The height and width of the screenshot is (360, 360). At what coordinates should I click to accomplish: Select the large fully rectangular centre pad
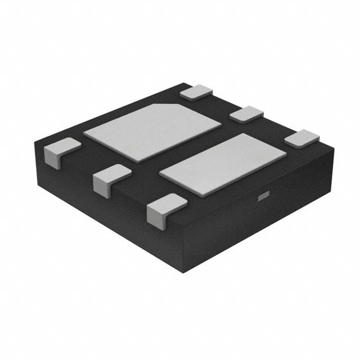[x=223, y=164]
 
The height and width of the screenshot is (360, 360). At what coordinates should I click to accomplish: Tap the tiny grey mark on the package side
[x=263, y=196]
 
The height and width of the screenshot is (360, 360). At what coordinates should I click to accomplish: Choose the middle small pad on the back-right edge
[x=246, y=114]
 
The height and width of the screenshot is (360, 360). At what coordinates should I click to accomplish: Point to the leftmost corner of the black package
[x=35, y=144]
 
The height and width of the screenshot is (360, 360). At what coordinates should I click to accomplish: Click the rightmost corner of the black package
[x=334, y=150]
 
